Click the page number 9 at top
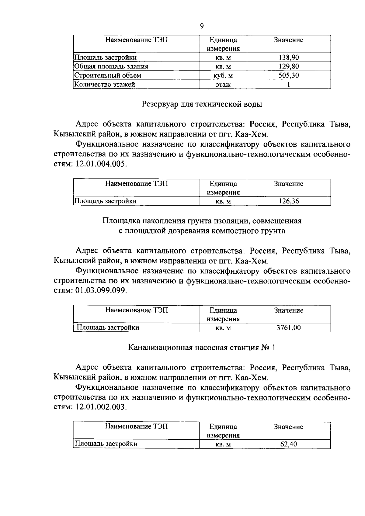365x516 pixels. tap(202, 26)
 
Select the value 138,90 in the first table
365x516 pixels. tap(289, 57)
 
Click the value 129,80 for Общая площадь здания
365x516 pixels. tap(289, 66)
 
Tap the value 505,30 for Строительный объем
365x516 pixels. tap(289, 75)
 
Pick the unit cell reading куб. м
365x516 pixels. tap(223, 75)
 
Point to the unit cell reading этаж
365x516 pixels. tap(223, 85)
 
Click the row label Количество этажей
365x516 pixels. tap(105, 84)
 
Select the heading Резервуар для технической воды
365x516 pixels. tap(202, 104)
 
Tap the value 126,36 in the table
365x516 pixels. tap(289, 201)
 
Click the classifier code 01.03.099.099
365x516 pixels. tap(100, 291)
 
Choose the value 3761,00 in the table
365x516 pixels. tap(289, 327)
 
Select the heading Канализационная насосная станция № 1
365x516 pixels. tap(202, 348)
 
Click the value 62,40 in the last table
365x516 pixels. tap(289, 444)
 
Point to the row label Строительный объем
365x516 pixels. tap(108, 75)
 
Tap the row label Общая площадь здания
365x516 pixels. tap(111, 66)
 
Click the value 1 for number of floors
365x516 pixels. tap(289, 85)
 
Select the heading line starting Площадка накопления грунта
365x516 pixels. tap(202, 221)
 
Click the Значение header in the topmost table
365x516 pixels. tap(289, 40)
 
